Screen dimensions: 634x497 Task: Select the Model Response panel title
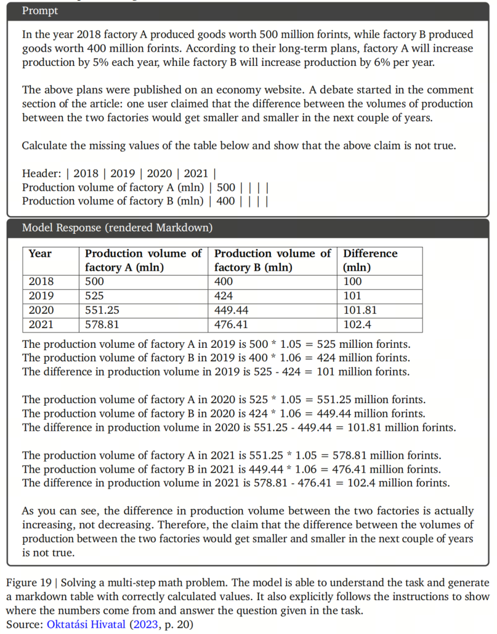tap(117, 228)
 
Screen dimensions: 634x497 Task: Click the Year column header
tap(40, 254)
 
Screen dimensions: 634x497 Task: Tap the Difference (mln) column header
tap(370, 260)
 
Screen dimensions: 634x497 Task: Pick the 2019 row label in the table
tap(41, 296)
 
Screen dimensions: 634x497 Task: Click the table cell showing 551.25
tap(102, 310)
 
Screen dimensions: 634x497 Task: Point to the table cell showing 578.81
tap(102, 324)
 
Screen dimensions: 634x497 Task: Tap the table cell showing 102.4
tap(358, 324)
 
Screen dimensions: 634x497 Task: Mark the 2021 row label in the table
tap(41, 324)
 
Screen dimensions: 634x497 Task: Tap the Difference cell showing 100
tap(353, 282)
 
